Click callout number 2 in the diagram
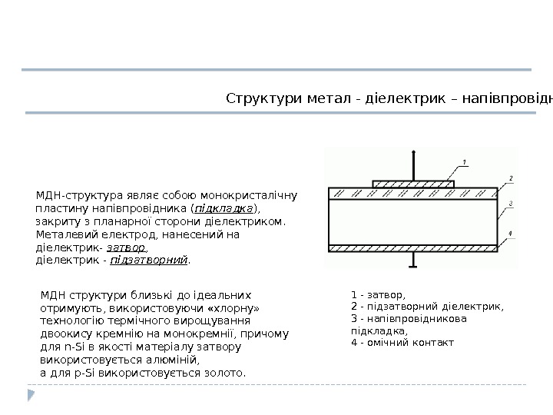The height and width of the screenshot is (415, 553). point(510,178)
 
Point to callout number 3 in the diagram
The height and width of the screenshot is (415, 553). point(510,204)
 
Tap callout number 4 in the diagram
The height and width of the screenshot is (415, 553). point(510,233)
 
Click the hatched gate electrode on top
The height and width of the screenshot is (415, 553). point(413,184)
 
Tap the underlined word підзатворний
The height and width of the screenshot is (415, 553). point(149,261)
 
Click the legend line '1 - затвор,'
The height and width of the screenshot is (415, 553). point(377,294)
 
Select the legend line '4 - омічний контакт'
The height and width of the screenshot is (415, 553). point(402,342)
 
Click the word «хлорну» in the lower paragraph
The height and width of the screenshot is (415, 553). point(235,307)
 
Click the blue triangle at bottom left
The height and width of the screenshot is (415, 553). point(31,395)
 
